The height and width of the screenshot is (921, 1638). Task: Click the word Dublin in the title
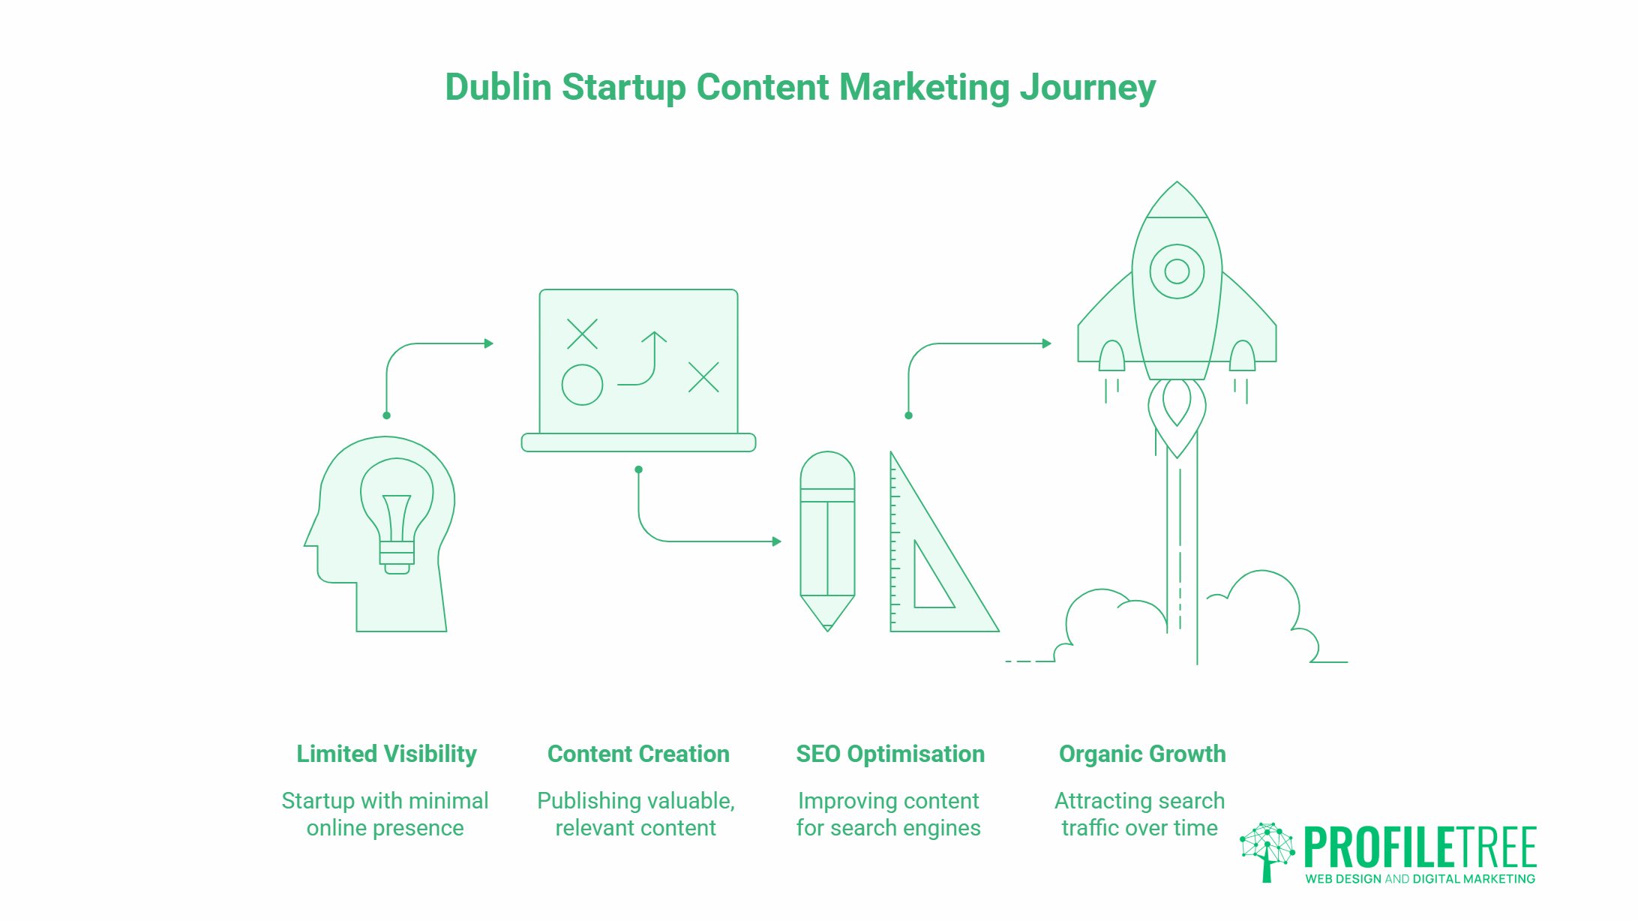(x=498, y=87)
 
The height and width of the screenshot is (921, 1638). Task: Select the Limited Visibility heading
(x=386, y=754)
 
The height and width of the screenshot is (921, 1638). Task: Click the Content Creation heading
(x=638, y=754)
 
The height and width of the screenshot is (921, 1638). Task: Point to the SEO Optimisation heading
(x=890, y=754)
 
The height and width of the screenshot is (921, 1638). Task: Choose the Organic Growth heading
(x=1142, y=754)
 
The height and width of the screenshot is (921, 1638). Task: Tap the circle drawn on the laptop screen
(x=582, y=385)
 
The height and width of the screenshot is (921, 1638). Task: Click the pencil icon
(x=827, y=540)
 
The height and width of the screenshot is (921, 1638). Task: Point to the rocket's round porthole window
(x=1177, y=271)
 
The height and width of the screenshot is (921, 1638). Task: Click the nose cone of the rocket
(x=1177, y=201)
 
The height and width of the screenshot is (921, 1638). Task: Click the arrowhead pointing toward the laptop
(x=489, y=343)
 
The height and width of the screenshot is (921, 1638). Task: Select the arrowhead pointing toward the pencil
(x=777, y=541)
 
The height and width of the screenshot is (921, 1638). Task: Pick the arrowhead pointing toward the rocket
(x=1047, y=343)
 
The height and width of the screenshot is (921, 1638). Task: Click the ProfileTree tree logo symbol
(x=1267, y=851)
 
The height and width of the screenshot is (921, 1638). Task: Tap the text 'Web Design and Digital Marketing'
(x=1420, y=879)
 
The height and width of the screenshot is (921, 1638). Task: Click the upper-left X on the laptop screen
(x=582, y=334)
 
